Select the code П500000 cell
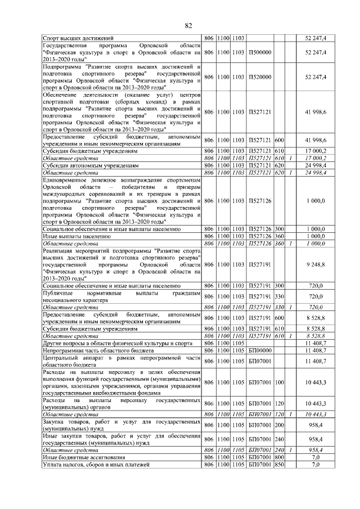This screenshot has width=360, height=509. (260, 52)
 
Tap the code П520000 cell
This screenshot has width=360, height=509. (260, 76)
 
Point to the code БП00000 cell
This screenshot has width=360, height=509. (260, 349)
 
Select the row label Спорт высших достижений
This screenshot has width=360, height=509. (79, 38)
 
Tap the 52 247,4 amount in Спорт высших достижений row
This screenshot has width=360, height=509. (315, 38)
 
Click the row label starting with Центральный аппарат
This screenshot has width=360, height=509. (121, 361)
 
